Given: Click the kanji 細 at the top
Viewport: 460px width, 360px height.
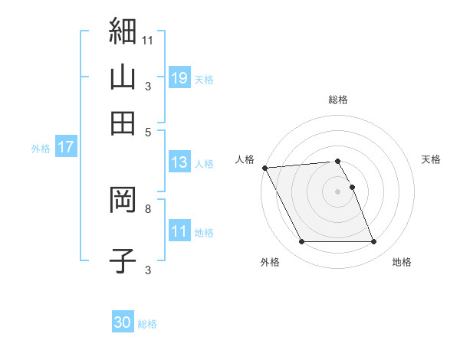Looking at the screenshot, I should tap(123, 32).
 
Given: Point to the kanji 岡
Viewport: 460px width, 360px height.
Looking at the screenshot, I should tap(123, 201).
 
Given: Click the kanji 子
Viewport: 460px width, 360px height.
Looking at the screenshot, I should tap(123, 260).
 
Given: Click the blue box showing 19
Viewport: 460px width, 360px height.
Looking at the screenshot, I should tap(179, 78).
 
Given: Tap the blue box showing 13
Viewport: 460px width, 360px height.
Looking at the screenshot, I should tap(179, 162).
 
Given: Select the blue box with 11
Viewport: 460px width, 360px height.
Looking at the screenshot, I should tap(179, 231).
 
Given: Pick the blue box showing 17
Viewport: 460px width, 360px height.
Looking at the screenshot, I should tap(65, 148).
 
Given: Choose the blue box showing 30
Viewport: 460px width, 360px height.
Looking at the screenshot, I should tap(123, 322).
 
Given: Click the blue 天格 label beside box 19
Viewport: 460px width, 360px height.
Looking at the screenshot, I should tap(204, 80).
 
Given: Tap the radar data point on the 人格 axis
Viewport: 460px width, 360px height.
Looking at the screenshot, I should tap(264, 168).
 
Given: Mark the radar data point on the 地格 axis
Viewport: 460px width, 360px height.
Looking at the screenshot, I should tap(373, 242).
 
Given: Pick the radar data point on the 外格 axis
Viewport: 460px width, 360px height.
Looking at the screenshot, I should tap(301, 242).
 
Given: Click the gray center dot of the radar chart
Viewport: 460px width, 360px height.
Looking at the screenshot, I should tap(337, 191).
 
